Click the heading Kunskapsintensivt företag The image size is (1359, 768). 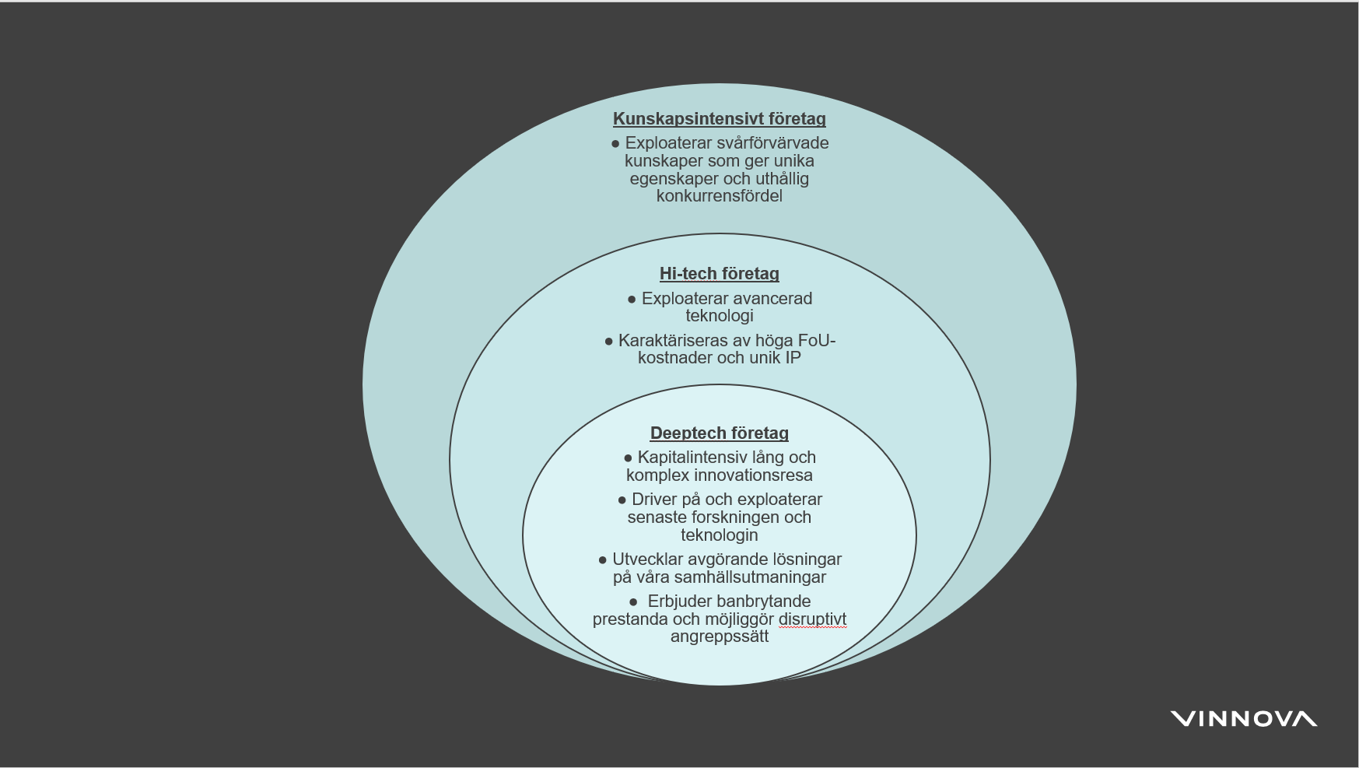pos(719,119)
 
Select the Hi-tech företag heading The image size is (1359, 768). pos(719,274)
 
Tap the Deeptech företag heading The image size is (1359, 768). pos(719,433)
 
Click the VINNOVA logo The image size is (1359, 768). pos(1243,719)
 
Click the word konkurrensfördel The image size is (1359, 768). pos(719,196)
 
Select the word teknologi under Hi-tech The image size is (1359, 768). pos(719,316)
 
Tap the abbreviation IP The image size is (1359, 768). pos(792,358)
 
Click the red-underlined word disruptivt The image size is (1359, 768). pos(812,619)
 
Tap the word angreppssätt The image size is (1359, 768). pos(719,636)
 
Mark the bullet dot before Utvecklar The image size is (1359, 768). pos(602,560)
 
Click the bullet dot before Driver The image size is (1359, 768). pos(622,500)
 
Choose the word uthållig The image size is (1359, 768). pos(782,179)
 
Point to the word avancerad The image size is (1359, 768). pos(765,299)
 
